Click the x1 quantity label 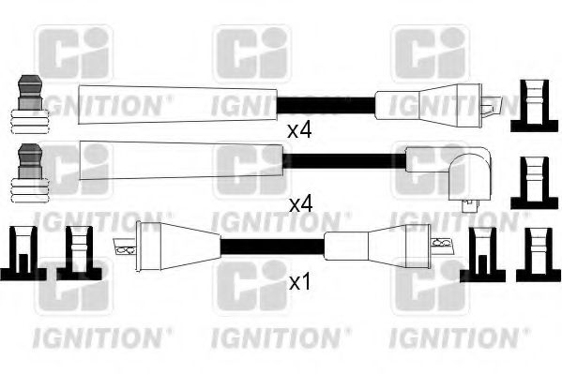pyautogui.click(x=299, y=281)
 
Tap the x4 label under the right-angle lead pyautogui.click(x=299, y=202)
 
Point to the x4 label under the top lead pyautogui.click(x=299, y=131)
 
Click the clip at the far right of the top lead pyautogui.click(x=533, y=105)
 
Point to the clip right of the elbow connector pyautogui.click(x=533, y=183)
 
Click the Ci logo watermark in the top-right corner pyautogui.click(x=430, y=53)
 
